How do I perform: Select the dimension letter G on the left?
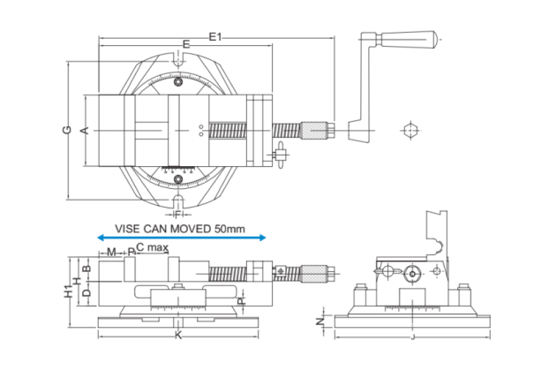(x=67, y=130)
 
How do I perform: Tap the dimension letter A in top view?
(x=85, y=131)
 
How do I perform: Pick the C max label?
(x=152, y=247)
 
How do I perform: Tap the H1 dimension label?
(x=68, y=291)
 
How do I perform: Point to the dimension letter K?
(x=177, y=336)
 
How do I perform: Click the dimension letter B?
(x=86, y=268)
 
